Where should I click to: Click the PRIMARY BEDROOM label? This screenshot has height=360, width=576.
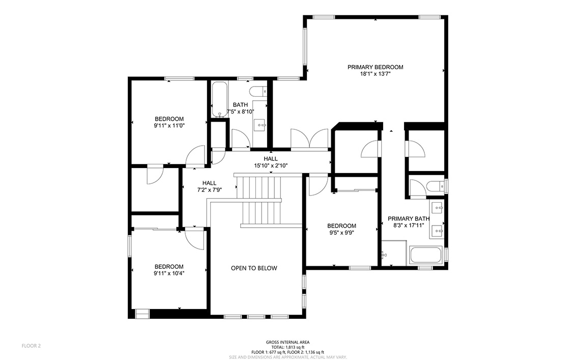(x=375, y=67)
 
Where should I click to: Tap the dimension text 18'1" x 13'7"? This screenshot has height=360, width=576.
(x=375, y=74)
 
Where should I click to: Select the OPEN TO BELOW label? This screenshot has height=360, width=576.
(x=254, y=268)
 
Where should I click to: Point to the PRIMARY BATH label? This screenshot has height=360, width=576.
(x=409, y=219)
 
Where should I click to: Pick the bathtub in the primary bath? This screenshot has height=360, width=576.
(x=426, y=255)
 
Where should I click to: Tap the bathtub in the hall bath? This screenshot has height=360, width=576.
(x=220, y=99)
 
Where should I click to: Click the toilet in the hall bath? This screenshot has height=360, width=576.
(x=258, y=91)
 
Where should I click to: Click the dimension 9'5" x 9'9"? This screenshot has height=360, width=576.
(x=341, y=233)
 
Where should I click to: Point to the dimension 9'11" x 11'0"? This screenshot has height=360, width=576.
(x=169, y=126)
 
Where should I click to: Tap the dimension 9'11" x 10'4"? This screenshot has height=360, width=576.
(x=169, y=273)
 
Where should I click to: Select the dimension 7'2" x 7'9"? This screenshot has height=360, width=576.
(x=210, y=190)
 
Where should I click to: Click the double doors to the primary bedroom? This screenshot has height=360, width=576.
(x=309, y=139)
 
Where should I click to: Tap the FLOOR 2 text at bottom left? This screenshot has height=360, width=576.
(x=31, y=346)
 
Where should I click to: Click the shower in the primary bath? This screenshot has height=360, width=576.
(x=394, y=253)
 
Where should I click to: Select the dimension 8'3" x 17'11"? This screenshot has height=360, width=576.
(x=409, y=226)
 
